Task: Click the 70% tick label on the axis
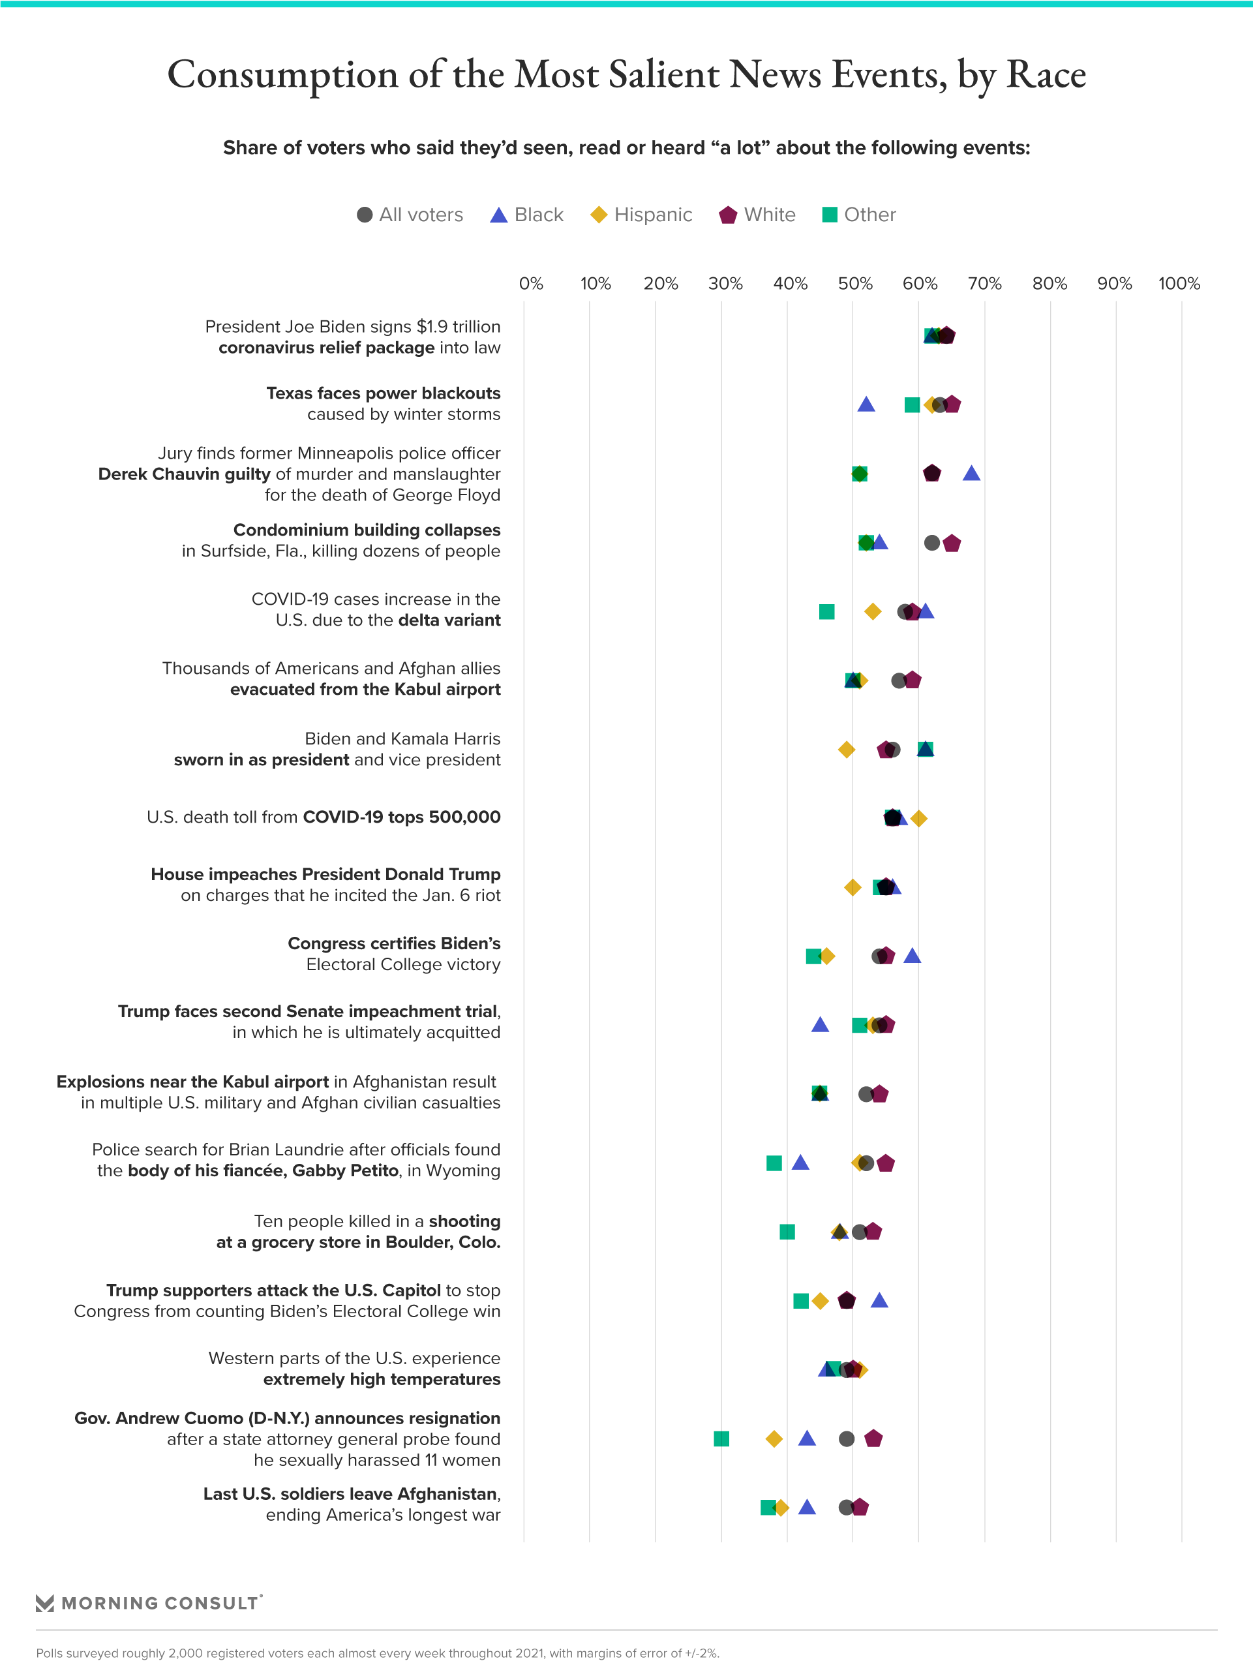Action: pos(984,284)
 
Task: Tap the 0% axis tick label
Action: pos(531,284)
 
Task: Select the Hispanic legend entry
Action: pos(641,215)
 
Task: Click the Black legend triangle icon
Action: pos(498,215)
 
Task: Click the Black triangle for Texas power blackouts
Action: pos(866,404)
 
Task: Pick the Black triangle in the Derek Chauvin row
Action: pos(971,474)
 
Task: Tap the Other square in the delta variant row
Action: pos(826,611)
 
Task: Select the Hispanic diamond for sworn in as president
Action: pos(846,750)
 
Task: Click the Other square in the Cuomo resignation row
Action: pos(721,1439)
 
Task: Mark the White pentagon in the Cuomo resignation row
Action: pos(873,1439)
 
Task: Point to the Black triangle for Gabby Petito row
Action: pos(800,1163)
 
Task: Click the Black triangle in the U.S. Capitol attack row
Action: pos(879,1301)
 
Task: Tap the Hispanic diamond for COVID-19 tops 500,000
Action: pos(919,818)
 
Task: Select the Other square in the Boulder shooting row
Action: pos(787,1232)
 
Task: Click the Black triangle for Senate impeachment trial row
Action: pos(820,1025)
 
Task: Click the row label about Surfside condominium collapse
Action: pos(341,540)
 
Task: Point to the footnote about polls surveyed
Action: pos(377,1653)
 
